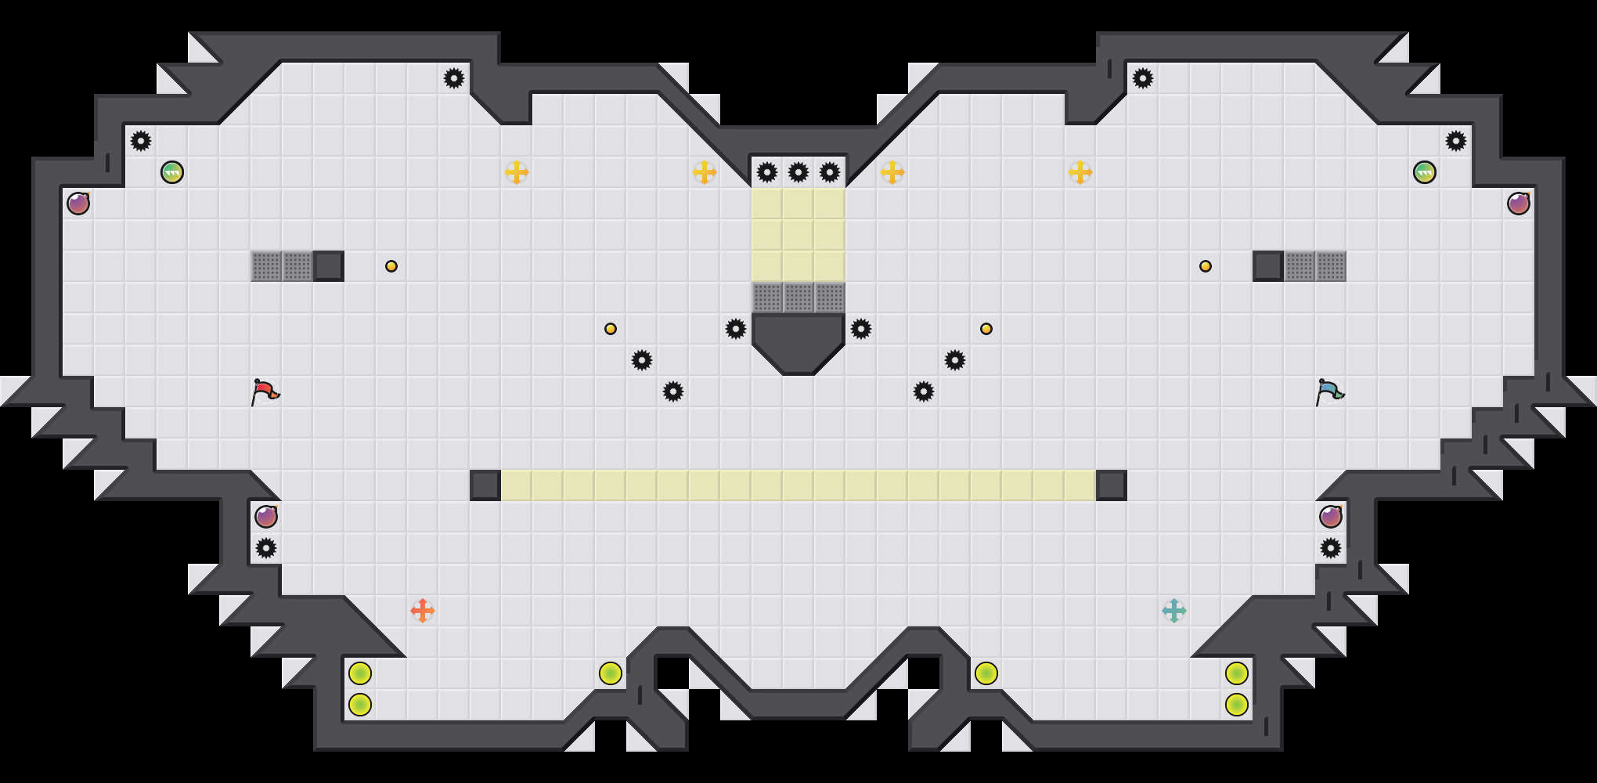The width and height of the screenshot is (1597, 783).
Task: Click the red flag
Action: click(x=265, y=391)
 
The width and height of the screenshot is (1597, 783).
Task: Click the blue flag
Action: click(x=1329, y=391)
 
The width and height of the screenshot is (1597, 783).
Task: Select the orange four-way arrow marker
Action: click(x=423, y=611)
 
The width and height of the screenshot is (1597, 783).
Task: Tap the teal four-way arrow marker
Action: click(x=1174, y=611)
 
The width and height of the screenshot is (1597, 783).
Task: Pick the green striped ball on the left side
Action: click(x=172, y=172)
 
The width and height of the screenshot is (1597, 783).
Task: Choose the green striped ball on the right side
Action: click(x=1425, y=172)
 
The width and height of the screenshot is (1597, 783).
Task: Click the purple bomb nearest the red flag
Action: click(x=266, y=517)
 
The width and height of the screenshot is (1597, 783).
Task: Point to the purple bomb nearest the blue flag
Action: click(x=1331, y=517)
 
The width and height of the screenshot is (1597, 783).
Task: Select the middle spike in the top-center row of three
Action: click(x=798, y=172)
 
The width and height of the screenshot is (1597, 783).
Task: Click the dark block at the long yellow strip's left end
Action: click(x=485, y=485)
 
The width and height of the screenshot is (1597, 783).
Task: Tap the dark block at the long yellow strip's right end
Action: click(x=1112, y=485)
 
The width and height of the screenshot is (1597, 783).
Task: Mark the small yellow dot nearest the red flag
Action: click(x=391, y=266)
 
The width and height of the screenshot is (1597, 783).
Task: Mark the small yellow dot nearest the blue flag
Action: click(x=1206, y=266)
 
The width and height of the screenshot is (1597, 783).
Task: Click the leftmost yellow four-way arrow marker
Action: click(x=517, y=172)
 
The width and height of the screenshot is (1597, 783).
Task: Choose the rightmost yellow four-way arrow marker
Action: click(x=1080, y=172)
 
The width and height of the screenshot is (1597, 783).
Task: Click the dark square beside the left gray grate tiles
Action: click(x=329, y=266)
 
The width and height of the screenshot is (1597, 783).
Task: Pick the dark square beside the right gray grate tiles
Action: click(x=1268, y=266)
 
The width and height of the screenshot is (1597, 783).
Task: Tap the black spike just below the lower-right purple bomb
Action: click(x=1331, y=548)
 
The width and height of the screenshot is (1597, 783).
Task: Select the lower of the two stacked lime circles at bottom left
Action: click(x=360, y=705)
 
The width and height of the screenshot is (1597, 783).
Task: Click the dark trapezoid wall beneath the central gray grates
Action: click(x=798, y=341)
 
